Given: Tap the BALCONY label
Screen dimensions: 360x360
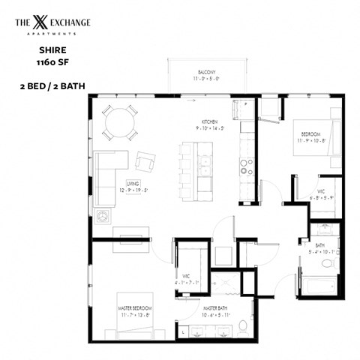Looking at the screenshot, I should [199, 71].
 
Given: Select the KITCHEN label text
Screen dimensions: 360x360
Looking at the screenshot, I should [209, 121].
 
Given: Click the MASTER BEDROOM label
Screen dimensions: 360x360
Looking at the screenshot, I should [134, 308].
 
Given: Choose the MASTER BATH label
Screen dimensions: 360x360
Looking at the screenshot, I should [217, 308].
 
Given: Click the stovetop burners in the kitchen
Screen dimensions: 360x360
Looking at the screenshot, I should [245, 163].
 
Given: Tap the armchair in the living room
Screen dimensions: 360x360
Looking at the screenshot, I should [145, 160].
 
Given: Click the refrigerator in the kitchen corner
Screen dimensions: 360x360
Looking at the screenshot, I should [245, 111].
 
